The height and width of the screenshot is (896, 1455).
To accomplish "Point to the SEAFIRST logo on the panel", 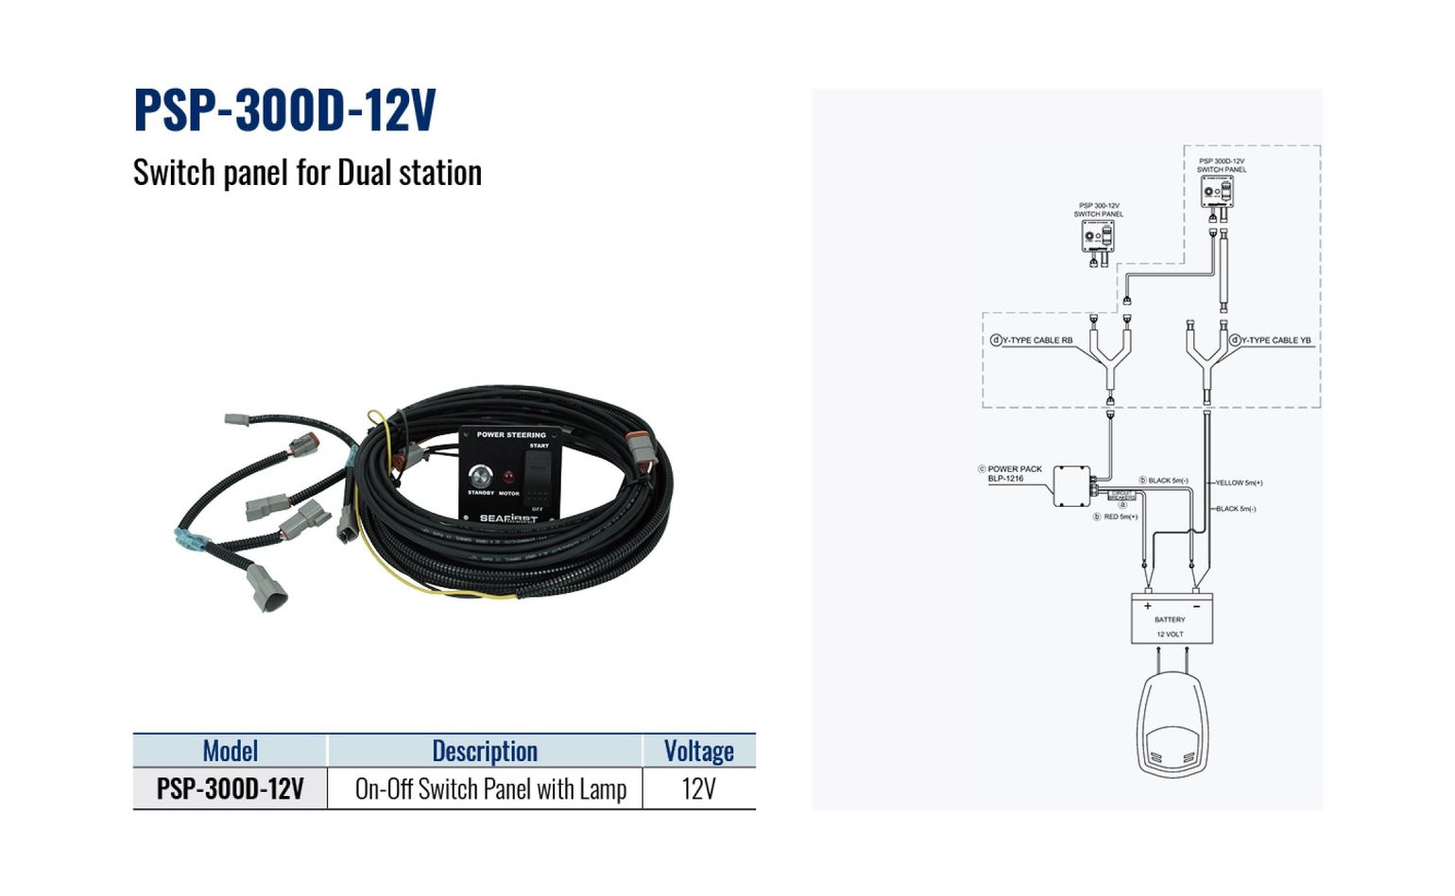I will pos(507,517).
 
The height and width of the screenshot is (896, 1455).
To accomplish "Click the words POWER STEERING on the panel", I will pos(511,435).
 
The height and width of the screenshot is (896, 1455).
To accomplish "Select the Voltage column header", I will pos(698,751).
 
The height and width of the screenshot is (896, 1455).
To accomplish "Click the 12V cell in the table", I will pos(698,789).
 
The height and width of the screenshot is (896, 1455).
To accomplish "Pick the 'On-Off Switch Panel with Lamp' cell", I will pos(490,789).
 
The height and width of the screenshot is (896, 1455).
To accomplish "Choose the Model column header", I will pos(230,751).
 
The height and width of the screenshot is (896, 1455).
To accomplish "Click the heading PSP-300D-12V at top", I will pos(284,110).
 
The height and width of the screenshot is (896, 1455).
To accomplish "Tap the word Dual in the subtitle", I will pos(364,173).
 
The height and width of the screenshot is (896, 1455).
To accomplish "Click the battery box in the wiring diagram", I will pos(1172,618).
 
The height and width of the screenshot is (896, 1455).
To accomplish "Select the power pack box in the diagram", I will pos(1071,485).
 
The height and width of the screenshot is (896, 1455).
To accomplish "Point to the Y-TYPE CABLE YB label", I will pos(1275,340).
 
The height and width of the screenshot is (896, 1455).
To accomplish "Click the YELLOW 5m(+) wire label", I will pos(1239,482).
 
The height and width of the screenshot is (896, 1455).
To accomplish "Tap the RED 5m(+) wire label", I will pos(1121,516).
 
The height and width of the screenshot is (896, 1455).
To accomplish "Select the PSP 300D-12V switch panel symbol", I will pos(1217,192).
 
